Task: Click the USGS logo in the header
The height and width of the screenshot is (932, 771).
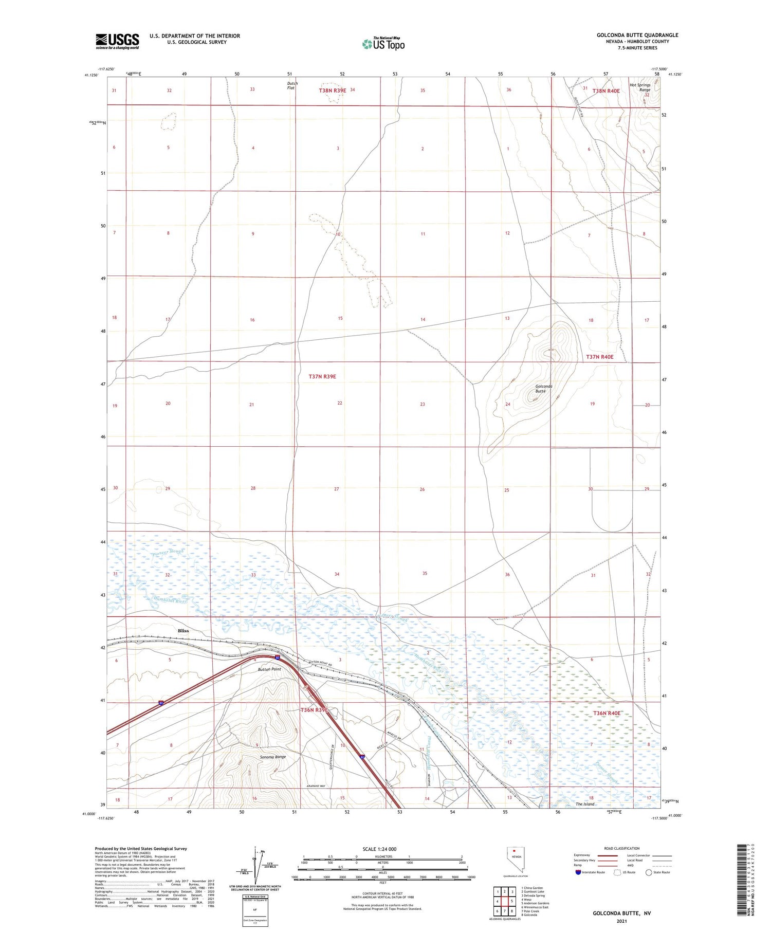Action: [x=117, y=41]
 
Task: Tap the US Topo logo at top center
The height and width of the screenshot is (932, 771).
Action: [x=383, y=44]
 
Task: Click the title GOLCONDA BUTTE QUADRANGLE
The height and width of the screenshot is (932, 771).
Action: [x=637, y=35]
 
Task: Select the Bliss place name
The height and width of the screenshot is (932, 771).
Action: [x=183, y=631]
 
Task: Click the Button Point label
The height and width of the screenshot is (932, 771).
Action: [x=269, y=669]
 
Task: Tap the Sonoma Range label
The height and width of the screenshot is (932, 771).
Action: [x=272, y=757]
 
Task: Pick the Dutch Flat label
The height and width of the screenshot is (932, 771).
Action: [x=292, y=85]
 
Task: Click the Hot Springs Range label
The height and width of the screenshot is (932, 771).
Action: [x=640, y=87]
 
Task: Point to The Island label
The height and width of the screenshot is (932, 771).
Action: [x=584, y=804]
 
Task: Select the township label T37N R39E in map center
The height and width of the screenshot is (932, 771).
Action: [x=322, y=376]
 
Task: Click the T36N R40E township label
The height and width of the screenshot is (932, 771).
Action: [x=607, y=714]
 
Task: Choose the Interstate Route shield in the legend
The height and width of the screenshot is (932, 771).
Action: [x=578, y=872]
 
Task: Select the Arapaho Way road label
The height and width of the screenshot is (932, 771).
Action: [x=316, y=787]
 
